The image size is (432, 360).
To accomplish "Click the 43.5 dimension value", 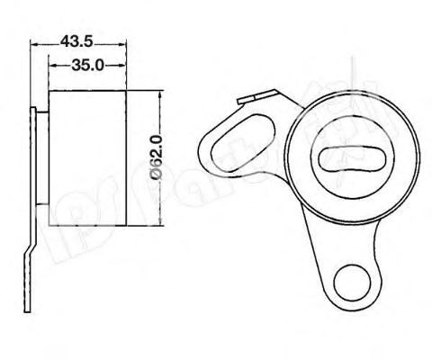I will [x=76, y=41].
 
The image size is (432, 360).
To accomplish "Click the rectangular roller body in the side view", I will [x=87, y=157].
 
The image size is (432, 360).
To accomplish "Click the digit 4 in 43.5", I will [x=64, y=41].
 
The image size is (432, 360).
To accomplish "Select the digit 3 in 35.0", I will [x=76, y=65].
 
